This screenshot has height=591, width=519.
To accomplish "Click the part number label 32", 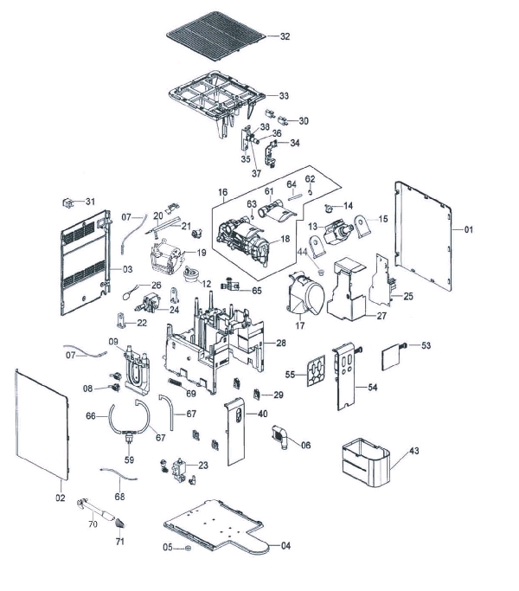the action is point(285,36).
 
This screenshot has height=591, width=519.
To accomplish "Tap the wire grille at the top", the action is point(217,35).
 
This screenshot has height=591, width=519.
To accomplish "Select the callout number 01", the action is point(469,229).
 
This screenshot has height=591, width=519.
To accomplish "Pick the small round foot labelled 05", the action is point(188,548).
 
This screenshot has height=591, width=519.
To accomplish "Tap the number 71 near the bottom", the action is point(120,542).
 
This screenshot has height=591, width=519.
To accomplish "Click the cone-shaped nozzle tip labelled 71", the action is point(120,524).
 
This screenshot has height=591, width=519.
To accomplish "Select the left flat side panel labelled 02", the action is point(42,424).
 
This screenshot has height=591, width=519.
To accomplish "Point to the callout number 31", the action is point(90,202).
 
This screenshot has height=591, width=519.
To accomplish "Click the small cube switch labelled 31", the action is point(67,202).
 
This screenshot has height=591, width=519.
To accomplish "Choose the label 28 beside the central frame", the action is point(281,343).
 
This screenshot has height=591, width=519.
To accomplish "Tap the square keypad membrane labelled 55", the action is point(316,371).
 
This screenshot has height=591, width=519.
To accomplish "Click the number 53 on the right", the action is point(426,345).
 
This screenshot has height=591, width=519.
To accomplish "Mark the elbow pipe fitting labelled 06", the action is point(280,437).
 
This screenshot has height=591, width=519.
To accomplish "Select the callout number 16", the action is point(223,192).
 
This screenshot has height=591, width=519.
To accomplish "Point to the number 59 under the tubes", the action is point(129,459).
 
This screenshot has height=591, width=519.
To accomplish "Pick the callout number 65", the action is point(257,291).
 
